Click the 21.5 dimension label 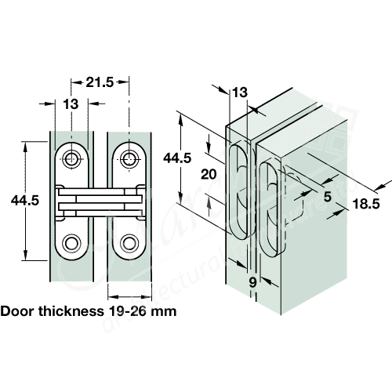click(x=99, y=82)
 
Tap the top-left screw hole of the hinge click(x=72, y=158)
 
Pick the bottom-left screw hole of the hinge click(x=72, y=242)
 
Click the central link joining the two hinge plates click(x=99, y=201)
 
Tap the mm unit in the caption click(x=166, y=310)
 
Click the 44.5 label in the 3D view click(x=177, y=158)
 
